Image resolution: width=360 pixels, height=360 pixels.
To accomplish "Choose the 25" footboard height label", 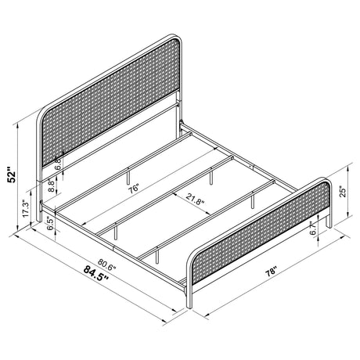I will point(343,191).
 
